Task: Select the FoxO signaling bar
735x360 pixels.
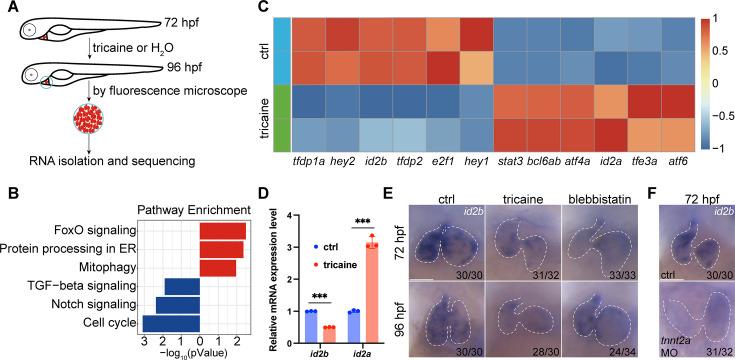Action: click(222, 232)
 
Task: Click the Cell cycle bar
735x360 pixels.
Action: click(171, 322)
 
